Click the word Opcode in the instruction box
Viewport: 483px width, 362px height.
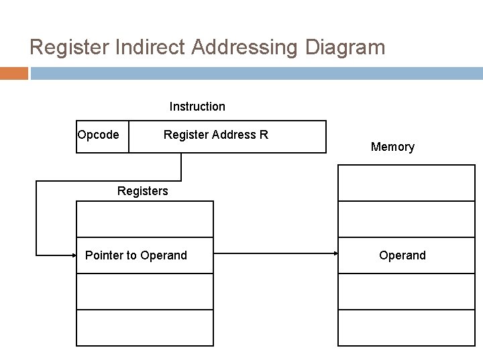point(99,135)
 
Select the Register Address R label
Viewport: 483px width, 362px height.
point(215,135)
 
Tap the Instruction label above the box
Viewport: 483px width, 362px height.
point(197,107)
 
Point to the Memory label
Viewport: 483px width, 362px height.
point(392,147)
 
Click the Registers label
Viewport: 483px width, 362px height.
point(142,191)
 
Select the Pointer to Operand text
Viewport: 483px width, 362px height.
point(136,255)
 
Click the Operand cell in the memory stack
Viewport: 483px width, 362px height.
point(402,255)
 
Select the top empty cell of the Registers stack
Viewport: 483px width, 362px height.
point(145,219)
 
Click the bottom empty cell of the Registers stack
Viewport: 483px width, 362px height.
point(145,328)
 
